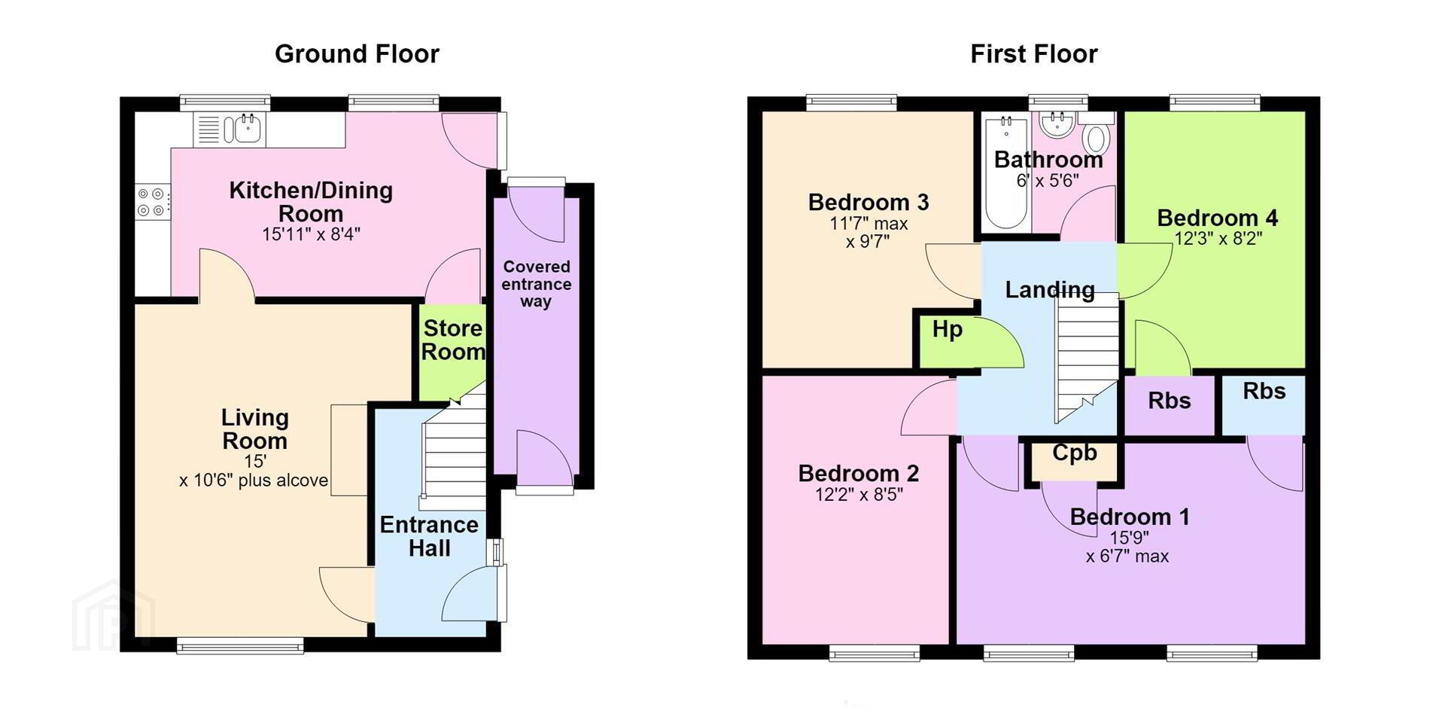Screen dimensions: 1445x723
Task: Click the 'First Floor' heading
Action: (x=1034, y=54)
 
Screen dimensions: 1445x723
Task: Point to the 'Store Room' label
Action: (x=453, y=340)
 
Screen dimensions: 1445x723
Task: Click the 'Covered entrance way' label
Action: (x=536, y=284)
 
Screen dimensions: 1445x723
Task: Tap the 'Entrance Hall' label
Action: (x=429, y=536)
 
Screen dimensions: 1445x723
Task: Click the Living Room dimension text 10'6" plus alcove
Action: (x=254, y=480)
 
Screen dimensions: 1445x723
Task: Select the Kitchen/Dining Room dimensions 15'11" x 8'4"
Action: (x=311, y=234)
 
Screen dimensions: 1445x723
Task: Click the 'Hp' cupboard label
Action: (x=947, y=330)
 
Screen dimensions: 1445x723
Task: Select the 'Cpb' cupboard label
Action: (x=1074, y=453)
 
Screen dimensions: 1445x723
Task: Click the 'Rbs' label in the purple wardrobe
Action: (x=1170, y=401)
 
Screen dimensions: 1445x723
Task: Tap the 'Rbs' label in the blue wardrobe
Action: (x=1264, y=391)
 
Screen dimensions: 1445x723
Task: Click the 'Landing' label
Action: (x=1050, y=290)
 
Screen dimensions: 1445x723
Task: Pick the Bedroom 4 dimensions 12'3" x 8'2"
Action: (x=1218, y=238)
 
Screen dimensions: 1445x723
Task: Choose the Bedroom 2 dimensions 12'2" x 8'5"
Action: (x=859, y=494)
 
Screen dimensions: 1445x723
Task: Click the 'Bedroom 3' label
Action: (x=869, y=203)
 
